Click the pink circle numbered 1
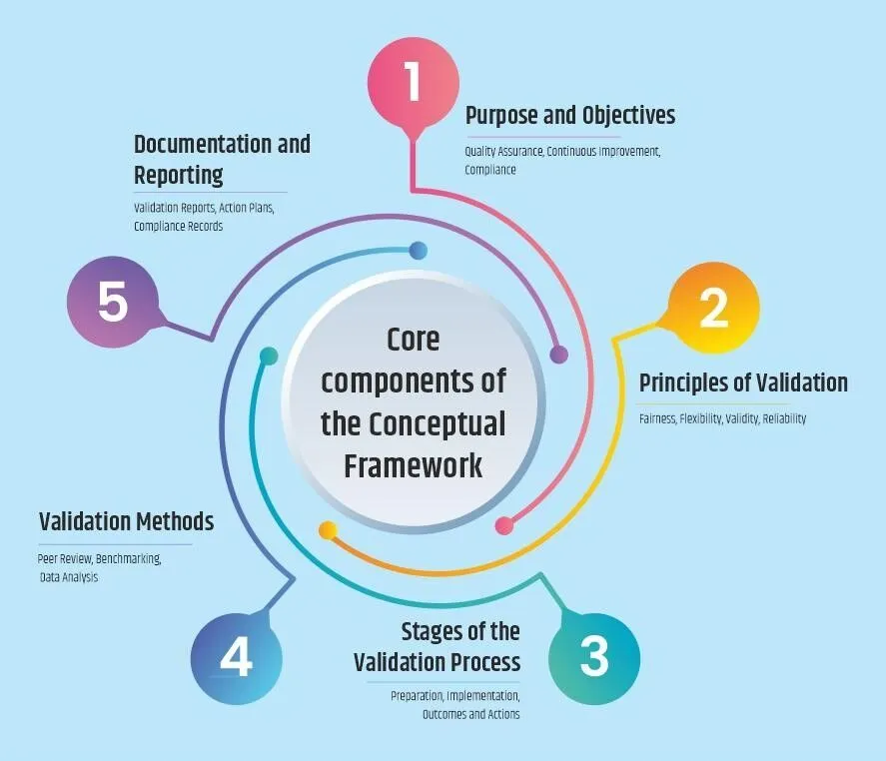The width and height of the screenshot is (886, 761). pyautogui.click(x=414, y=84)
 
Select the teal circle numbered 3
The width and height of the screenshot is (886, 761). pyautogui.click(x=593, y=658)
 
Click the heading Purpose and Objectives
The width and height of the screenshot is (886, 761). pyautogui.click(x=569, y=116)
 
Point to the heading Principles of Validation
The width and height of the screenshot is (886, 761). pyautogui.click(x=743, y=382)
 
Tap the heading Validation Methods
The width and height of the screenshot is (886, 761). pyautogui.click(x=126, y=521)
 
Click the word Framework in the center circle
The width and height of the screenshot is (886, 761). pyautogui.click(x=414, y=465)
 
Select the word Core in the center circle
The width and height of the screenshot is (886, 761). pyautogui.click(x=414, y=339)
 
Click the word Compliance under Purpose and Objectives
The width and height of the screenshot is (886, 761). pyautogui.click(x=490, y=170)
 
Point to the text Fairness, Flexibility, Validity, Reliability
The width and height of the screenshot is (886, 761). pyautogui.click(x=722, y=418)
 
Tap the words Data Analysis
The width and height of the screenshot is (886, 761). pyautogui.click(x=69, y=577)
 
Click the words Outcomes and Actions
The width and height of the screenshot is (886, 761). pyautogui.click(x=470, y=714)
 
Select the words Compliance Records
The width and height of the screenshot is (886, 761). pyautogui.click(x=179, y=226)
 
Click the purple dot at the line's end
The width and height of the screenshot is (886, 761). pyautogui.click(x=559, y=354)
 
